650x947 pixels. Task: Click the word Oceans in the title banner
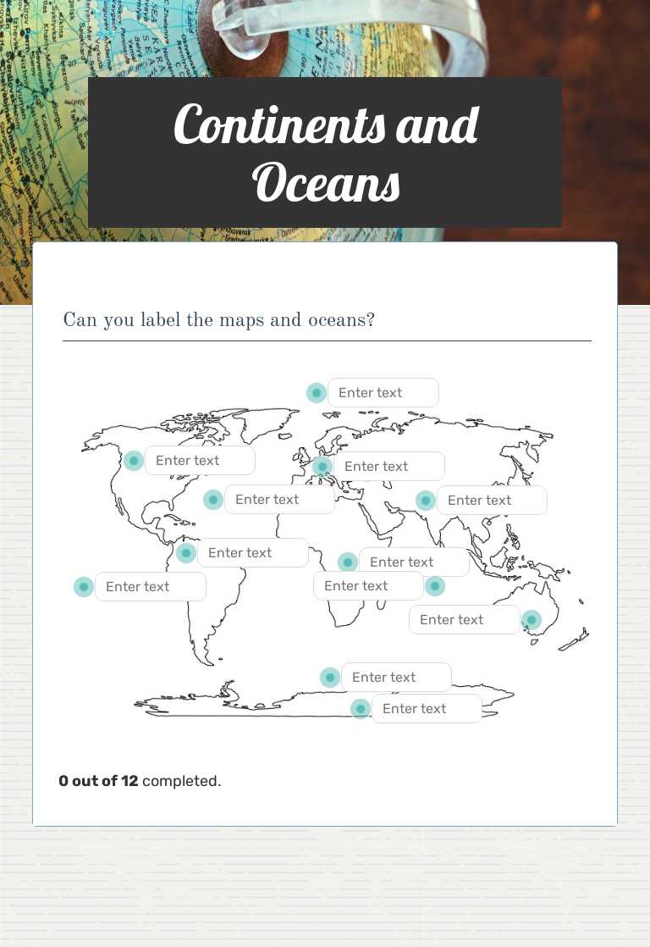point(326,182)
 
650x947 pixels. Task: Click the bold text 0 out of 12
point(98,781)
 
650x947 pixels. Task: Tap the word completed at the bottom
point(181,781)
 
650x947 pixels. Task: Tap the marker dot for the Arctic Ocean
point(316,393)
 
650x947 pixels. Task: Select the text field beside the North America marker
point(200,461)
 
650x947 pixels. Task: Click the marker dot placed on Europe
point(322,467)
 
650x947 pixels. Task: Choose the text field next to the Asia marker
point(491,501)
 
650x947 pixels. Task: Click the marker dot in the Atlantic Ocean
point(213,500)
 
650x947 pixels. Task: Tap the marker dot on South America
point(186,553)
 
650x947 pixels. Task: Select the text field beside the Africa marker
point(413,562)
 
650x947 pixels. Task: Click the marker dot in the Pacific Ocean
point(83,587)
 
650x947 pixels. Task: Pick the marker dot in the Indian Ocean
point(434,586)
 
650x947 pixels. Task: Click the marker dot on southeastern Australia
point(531,620)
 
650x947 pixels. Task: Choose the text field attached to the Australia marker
point(464,620)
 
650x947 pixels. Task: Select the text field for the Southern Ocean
point(396,678)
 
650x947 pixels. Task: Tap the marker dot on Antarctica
point(361,709)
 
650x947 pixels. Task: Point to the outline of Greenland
point(254,424)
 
